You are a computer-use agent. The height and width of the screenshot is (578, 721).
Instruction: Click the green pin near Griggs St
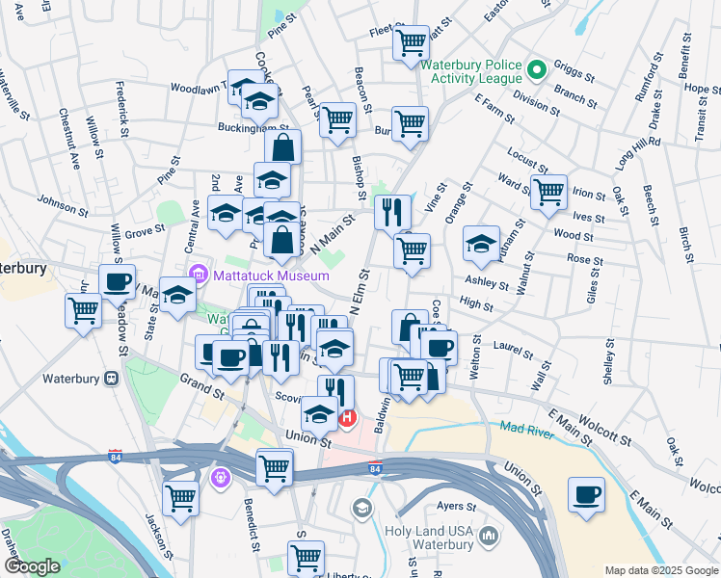[x=538, y=69]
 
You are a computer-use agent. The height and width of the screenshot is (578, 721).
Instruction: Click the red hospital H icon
[x=347, y=418]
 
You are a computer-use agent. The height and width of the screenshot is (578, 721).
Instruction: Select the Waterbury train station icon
[x=112, y=379]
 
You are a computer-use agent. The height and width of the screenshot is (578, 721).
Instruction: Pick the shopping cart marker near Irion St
[x=548, y=191]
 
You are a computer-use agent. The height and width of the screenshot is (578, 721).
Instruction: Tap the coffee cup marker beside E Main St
[x=586, y=494]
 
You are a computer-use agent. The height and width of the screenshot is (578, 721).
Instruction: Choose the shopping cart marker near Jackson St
[x=180, y=498]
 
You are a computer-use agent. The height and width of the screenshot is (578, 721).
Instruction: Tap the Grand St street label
[x=201, y=387]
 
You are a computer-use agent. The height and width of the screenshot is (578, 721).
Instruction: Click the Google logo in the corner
[x=32, y=566]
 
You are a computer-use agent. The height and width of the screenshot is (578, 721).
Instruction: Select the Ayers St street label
[x=457, y=506]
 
